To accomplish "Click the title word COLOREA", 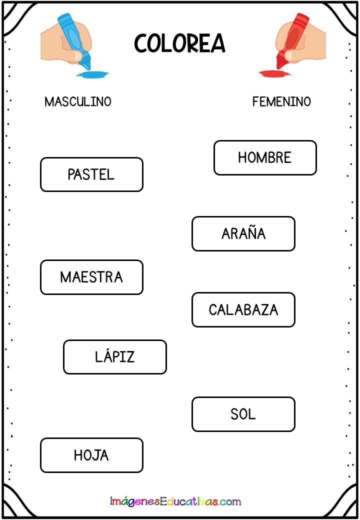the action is coord(179,43).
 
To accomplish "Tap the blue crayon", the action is coord(73,40).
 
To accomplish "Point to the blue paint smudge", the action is coord(92,74).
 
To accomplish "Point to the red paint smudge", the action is coord(275,73).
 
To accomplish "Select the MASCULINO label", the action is coord(78,101).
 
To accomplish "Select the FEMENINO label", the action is coord(281,101).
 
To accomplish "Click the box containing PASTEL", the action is coord(91,174).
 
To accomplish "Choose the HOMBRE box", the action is coord(265,158).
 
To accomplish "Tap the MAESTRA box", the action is coord(91,277).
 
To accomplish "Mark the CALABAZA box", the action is coord(243,309).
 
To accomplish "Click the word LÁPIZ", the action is coord(114,355).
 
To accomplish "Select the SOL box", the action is coord(243,414).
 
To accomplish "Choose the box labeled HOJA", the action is coord(91,455).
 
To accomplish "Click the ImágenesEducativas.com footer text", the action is coord(175,501).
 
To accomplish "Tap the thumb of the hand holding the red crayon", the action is coord(291,55).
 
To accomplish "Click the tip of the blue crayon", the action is coord(88,68).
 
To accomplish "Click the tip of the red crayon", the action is coord(278,68).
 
